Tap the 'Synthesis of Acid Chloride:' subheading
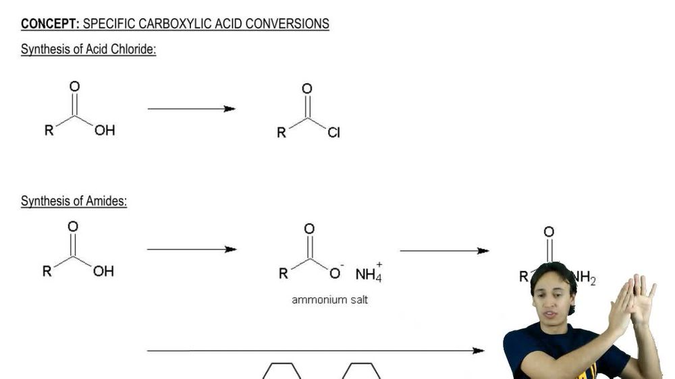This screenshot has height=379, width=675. (x=88, y=50)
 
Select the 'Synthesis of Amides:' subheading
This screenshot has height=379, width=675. (x=74, y=201)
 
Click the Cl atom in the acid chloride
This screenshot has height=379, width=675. (x=334, y=133)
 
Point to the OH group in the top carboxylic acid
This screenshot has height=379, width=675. (x=105, y=131)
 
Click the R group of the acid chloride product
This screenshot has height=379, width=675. (x=281, y=133)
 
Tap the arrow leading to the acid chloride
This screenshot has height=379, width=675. (x=191, y=109)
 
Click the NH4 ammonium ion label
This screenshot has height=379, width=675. (x=369, y=274)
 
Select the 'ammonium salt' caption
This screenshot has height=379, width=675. (x=329, y=299)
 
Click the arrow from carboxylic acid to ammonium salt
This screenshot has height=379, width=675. (x=192, y=250)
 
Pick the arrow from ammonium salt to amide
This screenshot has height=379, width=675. (x=444, y=251)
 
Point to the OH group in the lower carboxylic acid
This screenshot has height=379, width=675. (x=103, y=271)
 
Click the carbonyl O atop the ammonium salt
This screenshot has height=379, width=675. (x=309, y=229)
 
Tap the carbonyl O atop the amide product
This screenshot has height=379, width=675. (x=549, y=232)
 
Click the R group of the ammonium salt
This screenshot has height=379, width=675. (x=283, y=274)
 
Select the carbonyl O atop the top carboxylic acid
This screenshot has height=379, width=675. (x=74, y=86)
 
